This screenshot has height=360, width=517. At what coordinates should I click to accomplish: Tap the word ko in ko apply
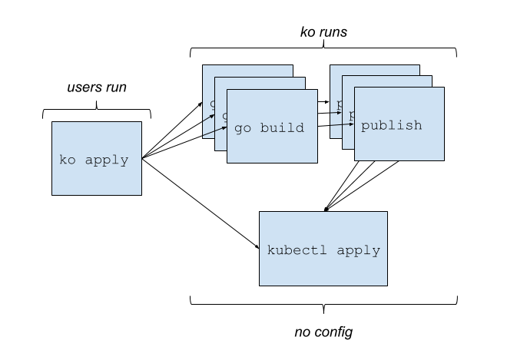coord(68,160)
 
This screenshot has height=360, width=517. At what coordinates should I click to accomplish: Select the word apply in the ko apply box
coord(106,161)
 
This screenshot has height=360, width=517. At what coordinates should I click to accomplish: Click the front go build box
coord(272,146)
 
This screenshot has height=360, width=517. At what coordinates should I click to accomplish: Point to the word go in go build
coord(243,128)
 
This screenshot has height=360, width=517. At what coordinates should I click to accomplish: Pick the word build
coord(282,128)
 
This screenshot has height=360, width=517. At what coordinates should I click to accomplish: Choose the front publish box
coord(399,142)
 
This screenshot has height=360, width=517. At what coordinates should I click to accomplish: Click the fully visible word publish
coord(391,125)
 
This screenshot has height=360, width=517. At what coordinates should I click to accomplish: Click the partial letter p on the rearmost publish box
coord(339,102)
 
